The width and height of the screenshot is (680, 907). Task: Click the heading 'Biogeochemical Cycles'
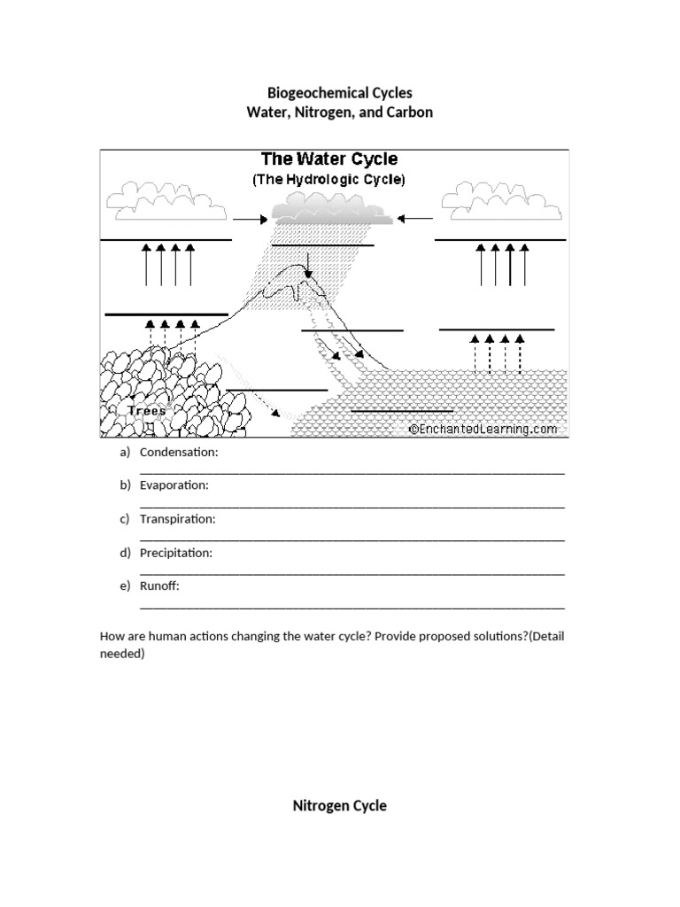340,92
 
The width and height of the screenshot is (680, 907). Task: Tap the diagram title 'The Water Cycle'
328,160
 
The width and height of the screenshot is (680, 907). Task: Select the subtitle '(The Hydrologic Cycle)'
328,180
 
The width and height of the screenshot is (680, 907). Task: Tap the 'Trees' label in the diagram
146,412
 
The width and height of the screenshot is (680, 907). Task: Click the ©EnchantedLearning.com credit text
483,429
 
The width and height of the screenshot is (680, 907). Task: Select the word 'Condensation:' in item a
179,453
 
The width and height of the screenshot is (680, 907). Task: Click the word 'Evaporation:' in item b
174,486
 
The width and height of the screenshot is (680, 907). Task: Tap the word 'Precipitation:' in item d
176,553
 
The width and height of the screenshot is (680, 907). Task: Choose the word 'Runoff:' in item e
159,585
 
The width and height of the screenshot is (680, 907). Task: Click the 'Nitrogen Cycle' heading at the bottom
340,806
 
